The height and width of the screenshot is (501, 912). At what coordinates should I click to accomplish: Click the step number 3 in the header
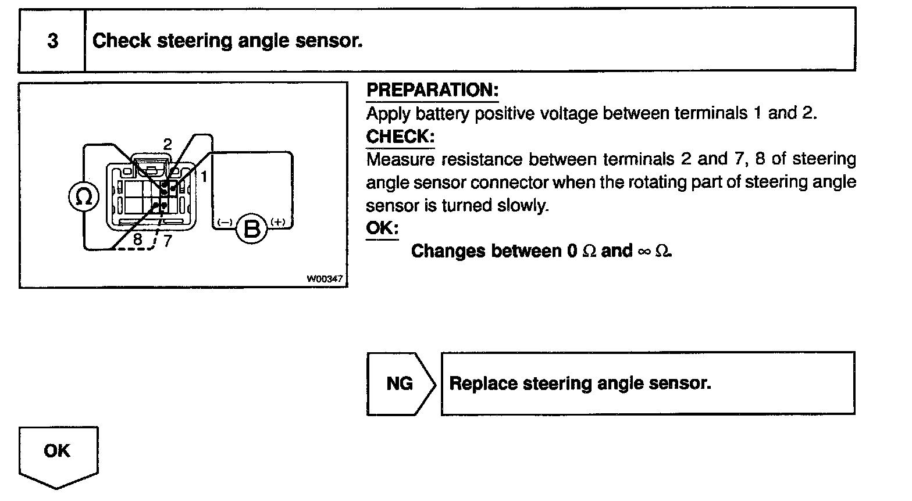[52, 41]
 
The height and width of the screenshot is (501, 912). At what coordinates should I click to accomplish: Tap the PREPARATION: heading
[432, 91]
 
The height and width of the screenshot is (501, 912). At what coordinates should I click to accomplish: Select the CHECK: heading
[400, 137]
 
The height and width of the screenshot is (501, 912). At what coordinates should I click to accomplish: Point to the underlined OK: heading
[382, 228]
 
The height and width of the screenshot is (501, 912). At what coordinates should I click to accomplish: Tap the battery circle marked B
[251, 229]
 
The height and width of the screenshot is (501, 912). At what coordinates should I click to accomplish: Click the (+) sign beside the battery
[277, 221]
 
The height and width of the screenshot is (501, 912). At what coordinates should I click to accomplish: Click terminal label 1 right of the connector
[204, 175]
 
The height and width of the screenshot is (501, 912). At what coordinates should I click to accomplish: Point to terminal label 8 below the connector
[138, 239]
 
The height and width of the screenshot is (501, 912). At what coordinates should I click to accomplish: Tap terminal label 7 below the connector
[167, 240]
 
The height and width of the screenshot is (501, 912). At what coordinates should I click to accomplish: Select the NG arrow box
[400, 383]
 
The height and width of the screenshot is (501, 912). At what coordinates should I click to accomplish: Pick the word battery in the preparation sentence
[442, 113]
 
